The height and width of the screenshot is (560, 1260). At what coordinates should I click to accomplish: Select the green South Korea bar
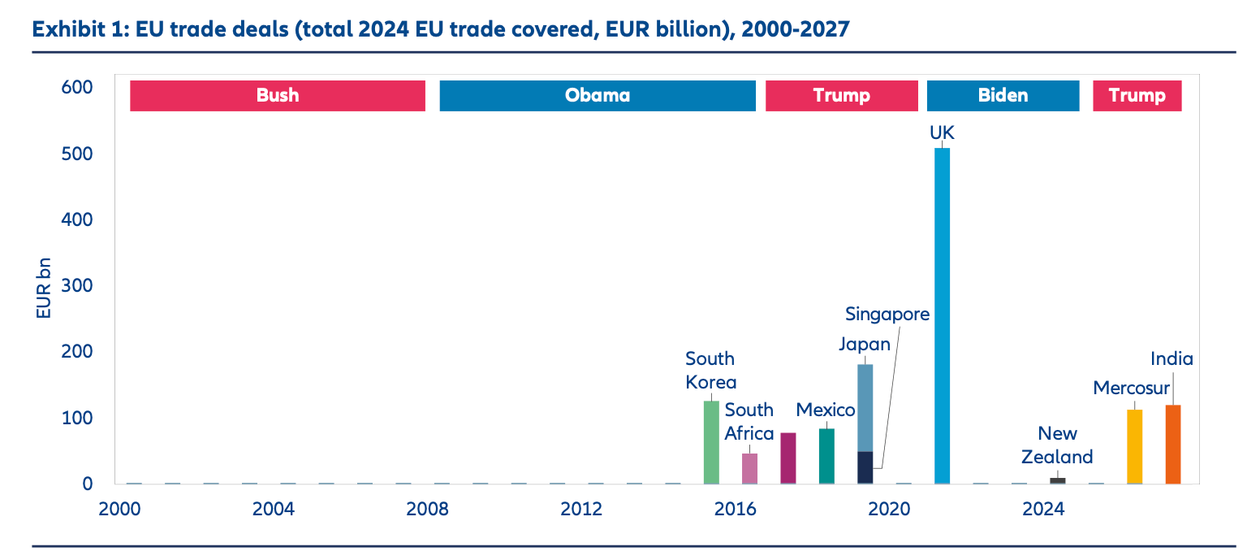[x=711, y=442]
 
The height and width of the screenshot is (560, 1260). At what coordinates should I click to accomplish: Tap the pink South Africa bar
[x=749, y=468]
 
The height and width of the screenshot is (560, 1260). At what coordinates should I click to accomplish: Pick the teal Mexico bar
[x=826, y=456]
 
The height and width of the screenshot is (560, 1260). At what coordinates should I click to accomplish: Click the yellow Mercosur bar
[x=1134, y=446]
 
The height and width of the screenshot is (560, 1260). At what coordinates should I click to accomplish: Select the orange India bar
[x=1173, y=444]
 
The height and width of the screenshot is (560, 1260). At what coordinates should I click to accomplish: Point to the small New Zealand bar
[x=1058, y=480]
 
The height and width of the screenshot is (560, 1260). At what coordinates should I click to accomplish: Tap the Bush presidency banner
[x=278, y=96]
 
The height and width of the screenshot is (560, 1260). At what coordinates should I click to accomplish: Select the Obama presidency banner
[x=598, y=96]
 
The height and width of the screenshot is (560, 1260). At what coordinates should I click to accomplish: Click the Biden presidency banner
[x=1003, y=96]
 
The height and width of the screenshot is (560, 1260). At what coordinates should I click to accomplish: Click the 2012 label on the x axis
[x=581, y=510]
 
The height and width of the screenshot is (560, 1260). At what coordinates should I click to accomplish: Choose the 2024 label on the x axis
[x=1043, y=510]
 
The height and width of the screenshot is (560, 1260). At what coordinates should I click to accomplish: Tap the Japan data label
[x=864, y=345]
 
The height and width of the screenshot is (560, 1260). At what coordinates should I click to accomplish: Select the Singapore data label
[x=887, y=314]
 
